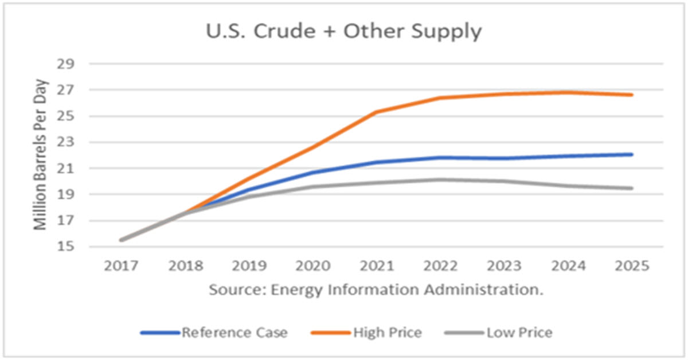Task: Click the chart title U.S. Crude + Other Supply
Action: (344, 32)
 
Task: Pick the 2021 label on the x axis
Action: (377, 267)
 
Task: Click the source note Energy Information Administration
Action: (376, 289)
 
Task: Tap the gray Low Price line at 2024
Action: (568, 186)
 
